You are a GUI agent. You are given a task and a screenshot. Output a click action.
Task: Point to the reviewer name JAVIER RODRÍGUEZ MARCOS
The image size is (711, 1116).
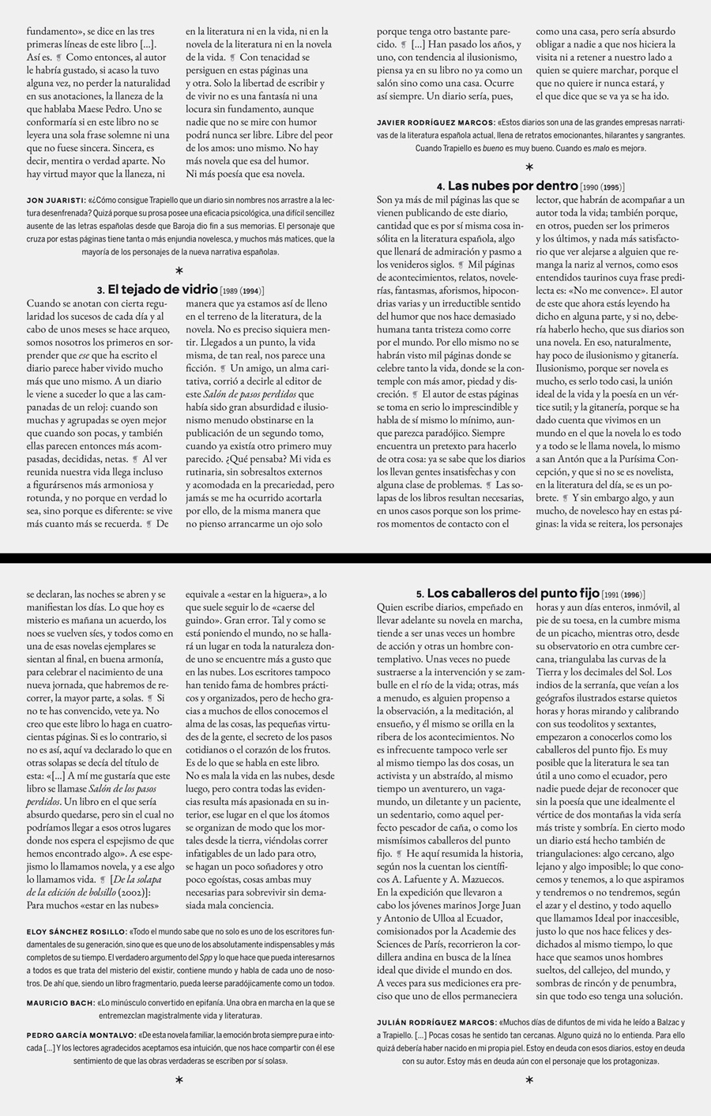pyautogui.click(x=435, y=123)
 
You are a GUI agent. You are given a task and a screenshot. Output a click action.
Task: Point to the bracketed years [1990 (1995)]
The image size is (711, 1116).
pyautogui.click(x=603, y=187)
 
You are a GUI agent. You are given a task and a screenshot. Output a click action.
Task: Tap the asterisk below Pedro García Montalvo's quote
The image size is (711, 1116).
pyautogui.click(x=179, y=1080)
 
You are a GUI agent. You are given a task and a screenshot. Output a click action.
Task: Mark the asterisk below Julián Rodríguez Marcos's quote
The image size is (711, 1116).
pyautogui.click(x=529, y=1080)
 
